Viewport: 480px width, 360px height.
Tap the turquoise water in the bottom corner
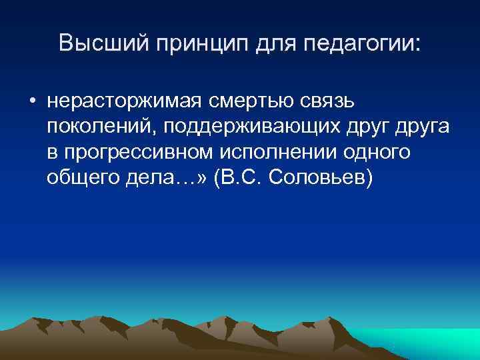[433, 347]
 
